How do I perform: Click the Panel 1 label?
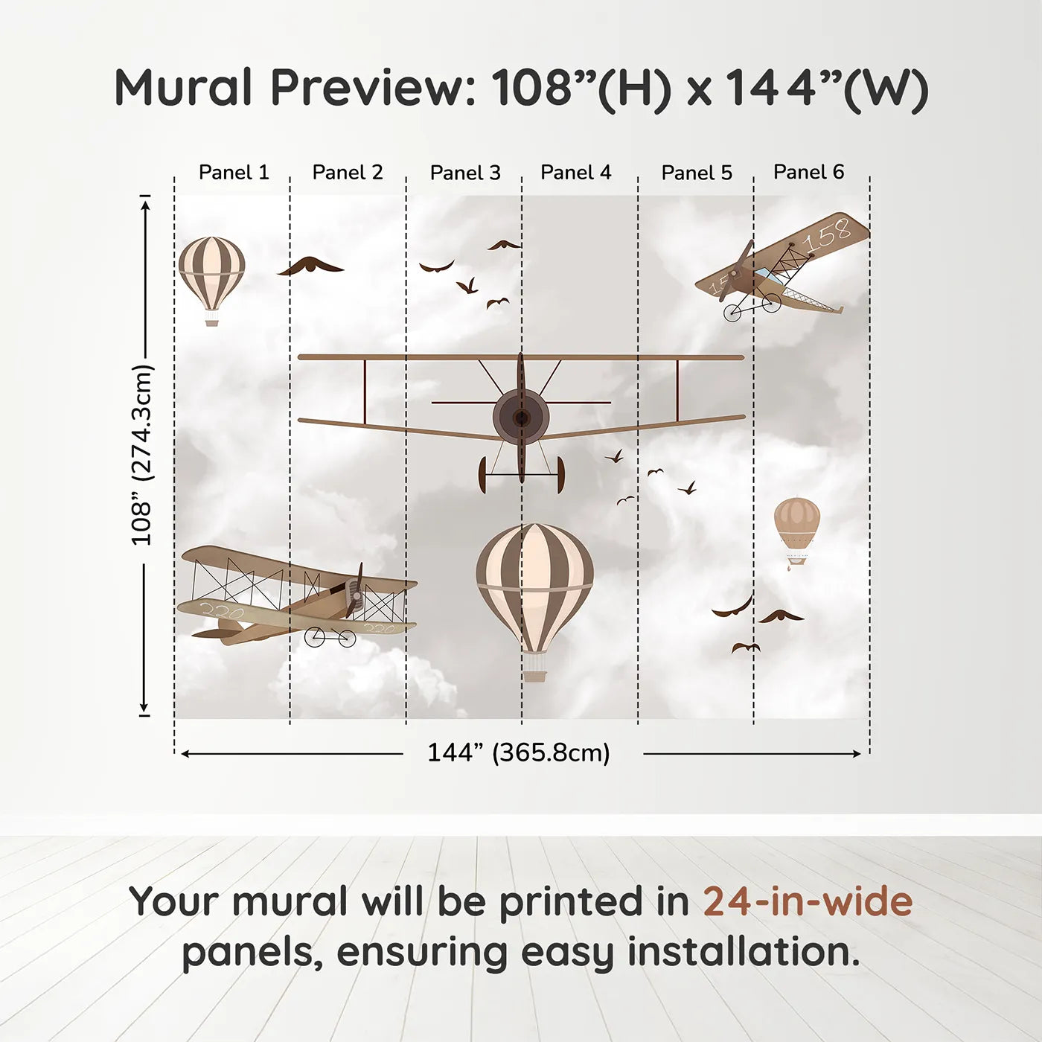coord(234,172)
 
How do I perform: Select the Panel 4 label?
coord(575,172)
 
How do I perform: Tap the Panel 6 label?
coord(808,171)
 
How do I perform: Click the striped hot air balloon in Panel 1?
coord(211,281)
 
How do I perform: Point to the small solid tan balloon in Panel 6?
coord(796,533)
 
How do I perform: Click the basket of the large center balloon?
coord(535,675)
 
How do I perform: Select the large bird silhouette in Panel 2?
coord(311,266)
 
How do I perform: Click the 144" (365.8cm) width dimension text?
coord(519,752)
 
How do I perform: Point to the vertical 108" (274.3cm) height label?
coord(141,455)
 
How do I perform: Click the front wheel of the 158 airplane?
coord(732,313)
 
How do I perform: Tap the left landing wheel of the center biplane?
coord(483,475)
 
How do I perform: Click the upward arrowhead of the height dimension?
coord(144,205)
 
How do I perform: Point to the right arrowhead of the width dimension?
coord(856,753)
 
